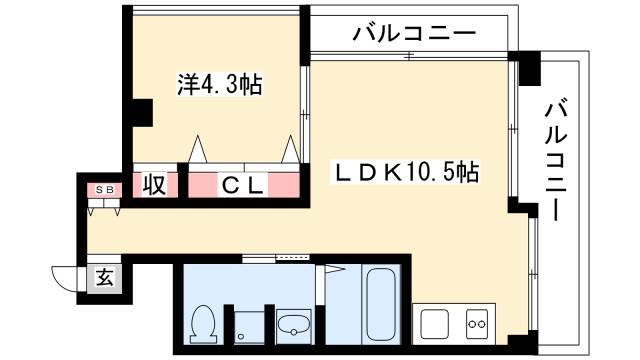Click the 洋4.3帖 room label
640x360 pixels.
(x=220, y=84)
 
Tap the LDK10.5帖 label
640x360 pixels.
(x=406, y=172)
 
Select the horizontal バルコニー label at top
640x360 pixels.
(x=414, y=33)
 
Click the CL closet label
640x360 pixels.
(x=242, y=186)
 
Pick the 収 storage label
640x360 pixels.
(x=155, y=185)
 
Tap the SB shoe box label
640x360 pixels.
(x=103, y=189)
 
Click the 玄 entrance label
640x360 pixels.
(x=104, y=278)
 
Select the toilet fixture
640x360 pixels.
(x=204, y=324)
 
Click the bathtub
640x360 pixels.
(x=381, y=305)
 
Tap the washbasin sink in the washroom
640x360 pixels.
(x=293, y=325)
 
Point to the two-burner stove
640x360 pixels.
(x=477, y=324)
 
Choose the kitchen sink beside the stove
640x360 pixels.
(x=435, y=324)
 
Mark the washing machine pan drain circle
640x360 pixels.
(x=241, y=337)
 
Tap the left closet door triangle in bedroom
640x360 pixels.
(x=198, y=149)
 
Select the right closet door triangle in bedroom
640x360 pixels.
(x=291, y=149)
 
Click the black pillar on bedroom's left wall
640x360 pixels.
(x=141, y=112)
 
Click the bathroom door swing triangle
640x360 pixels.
(x=335, y=269)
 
